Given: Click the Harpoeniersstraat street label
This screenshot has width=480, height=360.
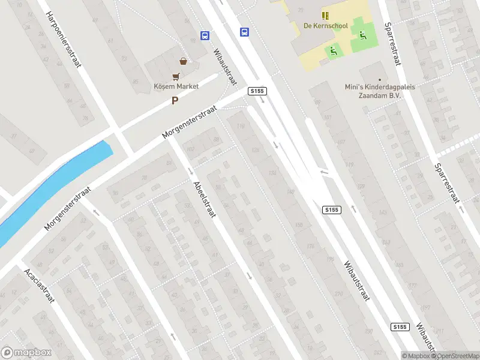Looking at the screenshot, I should coord(63,40).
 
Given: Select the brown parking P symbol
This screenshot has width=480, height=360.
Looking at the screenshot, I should coord(175,101).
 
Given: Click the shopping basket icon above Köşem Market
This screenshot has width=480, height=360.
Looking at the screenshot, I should coord(183,61).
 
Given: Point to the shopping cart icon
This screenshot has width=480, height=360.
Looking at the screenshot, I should coord(176,76).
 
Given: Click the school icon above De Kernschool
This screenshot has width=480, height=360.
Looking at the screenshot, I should coord(325,16).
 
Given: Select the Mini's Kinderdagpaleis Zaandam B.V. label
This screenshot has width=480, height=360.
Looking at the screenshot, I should coord(380,91).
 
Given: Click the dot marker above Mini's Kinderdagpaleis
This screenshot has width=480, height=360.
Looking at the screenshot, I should coord(379,79).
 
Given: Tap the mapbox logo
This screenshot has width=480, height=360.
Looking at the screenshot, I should coord(26,353).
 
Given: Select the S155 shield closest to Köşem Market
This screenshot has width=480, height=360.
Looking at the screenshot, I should coord(257,91).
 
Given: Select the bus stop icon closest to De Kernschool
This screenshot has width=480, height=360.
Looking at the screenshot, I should coord(244,32).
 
